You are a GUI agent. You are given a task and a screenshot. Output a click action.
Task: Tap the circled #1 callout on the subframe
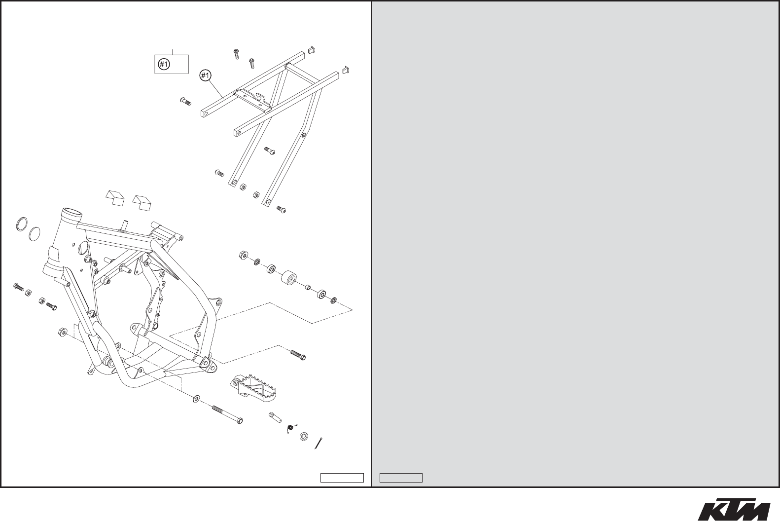tap(205, 75)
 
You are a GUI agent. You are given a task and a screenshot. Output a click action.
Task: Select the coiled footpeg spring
tap(291, 429)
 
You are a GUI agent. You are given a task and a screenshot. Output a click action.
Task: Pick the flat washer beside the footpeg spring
tap(304, 436)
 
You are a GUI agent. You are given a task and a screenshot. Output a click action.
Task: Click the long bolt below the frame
tap(228, 415)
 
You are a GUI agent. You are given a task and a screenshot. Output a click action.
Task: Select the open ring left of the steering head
tap(20, 223)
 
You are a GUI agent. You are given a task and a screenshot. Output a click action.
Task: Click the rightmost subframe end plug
tap(346, 68)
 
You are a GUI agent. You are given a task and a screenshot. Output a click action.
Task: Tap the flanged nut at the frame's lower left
tap(62, 333)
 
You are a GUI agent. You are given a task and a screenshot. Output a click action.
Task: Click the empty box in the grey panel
tap(401, 478)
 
